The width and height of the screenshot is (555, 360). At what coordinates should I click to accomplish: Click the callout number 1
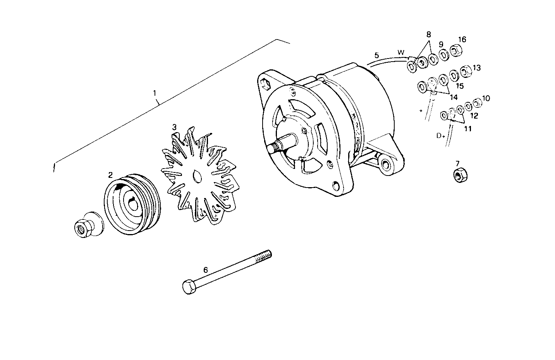pyautogui.click(x=155, y=93)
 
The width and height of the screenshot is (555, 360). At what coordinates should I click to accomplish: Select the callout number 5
pyautogui.click(x=376, y=55)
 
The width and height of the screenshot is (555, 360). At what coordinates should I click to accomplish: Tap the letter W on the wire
pyautogui.click(x=400, y=52)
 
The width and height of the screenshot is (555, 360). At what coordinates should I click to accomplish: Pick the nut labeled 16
pyautogui.click(x=457, y=50)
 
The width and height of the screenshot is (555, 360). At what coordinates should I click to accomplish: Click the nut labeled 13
pyautogui.click(x=465, y=71)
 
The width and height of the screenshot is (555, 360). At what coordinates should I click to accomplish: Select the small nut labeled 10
pyautogui.click(x=478, y=102)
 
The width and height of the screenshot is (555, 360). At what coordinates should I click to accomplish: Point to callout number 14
pyautogui.click(x=453, y=98)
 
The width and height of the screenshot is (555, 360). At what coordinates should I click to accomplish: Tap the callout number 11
pyautogui.click(x=468, y=129)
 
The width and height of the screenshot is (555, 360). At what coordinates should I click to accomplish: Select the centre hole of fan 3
pyautogui.click(x=197, y=176)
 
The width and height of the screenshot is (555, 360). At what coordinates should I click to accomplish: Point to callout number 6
pyautogui.click(x=206, y=269)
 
